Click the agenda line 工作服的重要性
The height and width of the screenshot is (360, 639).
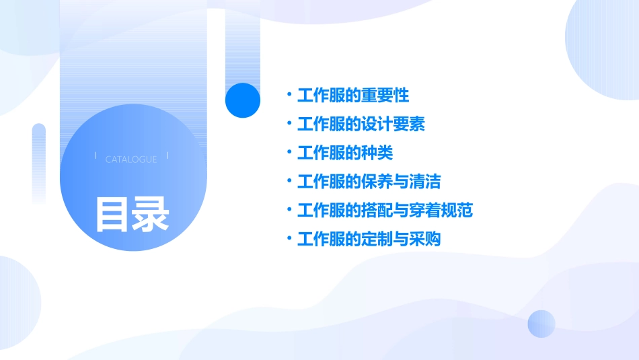click(353, 96)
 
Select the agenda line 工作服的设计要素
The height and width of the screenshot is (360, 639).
click(361, 124)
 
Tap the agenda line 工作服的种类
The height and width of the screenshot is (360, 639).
click(345, 153)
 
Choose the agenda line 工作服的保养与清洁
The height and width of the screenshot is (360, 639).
click(369, 182)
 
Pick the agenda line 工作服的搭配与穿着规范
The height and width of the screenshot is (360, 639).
click(385, 211)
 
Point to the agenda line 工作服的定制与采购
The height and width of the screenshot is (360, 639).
click(369, 239)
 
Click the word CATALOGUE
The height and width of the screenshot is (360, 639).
click(131, 159)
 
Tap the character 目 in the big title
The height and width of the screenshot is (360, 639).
click(112, 214)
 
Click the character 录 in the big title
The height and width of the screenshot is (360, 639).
click(151, 214)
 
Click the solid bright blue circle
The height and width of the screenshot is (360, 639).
click(243, 100)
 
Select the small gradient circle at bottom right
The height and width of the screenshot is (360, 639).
click(541, 324)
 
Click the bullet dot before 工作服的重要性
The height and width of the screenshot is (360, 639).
click(289, 96)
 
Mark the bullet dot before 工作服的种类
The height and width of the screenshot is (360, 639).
click(289, 153)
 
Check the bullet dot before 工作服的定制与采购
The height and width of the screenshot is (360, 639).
click(289, 239)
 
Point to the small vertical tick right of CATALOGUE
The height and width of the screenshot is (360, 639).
click(167, 156)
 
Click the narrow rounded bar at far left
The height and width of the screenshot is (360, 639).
click(38, 161)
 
